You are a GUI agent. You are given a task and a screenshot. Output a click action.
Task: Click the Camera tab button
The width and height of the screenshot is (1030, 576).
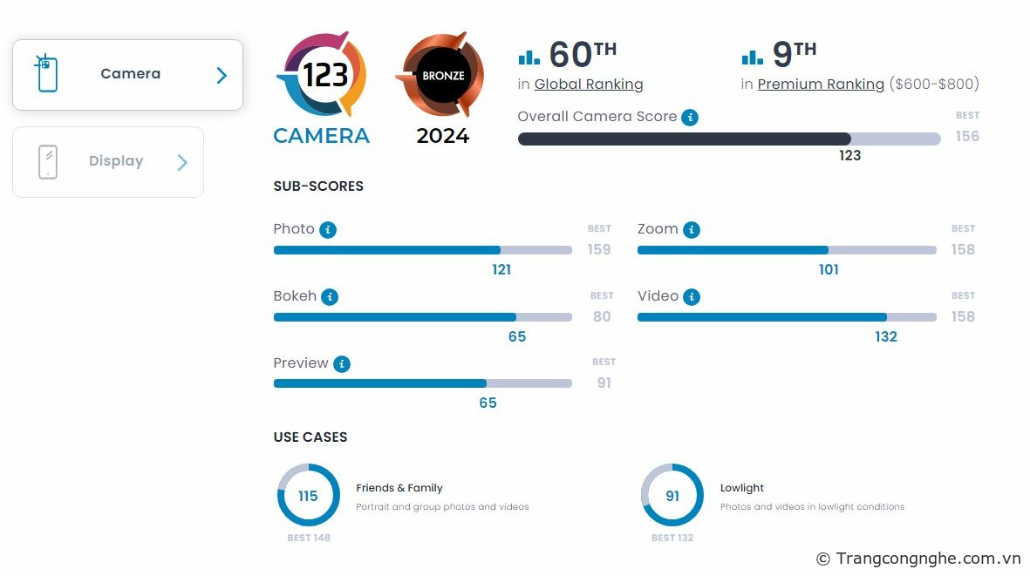point(127,75)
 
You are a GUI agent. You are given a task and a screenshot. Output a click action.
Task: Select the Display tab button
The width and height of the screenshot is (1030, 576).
point(108,162)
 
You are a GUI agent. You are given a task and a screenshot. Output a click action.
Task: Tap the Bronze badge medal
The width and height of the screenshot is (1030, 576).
point(443,76)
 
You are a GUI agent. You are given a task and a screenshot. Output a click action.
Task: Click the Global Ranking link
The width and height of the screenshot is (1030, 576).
point(589,85)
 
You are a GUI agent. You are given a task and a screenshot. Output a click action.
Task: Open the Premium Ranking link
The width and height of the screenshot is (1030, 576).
point(821,85)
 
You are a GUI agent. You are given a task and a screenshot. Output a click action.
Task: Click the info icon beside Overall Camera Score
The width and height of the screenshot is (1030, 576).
point(690,117)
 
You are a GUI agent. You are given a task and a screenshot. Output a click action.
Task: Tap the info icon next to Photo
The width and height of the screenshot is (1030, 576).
point(328,230)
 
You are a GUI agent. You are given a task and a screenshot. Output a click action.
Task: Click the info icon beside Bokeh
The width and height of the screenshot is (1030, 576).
point(330,297)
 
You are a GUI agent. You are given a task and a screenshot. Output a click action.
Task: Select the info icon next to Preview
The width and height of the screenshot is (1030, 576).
point(342,364)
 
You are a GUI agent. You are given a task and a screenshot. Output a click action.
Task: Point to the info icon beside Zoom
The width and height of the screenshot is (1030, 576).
point(692,230)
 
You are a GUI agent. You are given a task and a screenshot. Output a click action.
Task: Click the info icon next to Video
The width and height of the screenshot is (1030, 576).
point(692,297)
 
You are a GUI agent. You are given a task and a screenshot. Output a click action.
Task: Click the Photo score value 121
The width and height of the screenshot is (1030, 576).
point(501,270)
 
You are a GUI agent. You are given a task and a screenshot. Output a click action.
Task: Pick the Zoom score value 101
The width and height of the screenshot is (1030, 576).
point(829,270)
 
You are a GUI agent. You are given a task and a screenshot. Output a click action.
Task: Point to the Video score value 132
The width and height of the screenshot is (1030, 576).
point(886,337)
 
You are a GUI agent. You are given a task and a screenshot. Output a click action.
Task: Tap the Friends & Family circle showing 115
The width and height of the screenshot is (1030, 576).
point(308,496)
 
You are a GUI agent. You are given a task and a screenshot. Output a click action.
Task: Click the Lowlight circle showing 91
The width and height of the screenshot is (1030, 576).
point(672,496)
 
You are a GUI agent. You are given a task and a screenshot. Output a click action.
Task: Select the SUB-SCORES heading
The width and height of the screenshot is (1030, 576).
point(318,186)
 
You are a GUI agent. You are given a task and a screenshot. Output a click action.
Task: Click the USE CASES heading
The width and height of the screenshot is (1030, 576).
point(310,437)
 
